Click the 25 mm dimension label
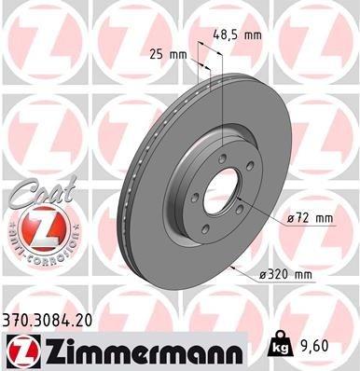click(169, 54)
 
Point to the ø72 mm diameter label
click(312, 218)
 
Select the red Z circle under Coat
click(34, 227)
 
